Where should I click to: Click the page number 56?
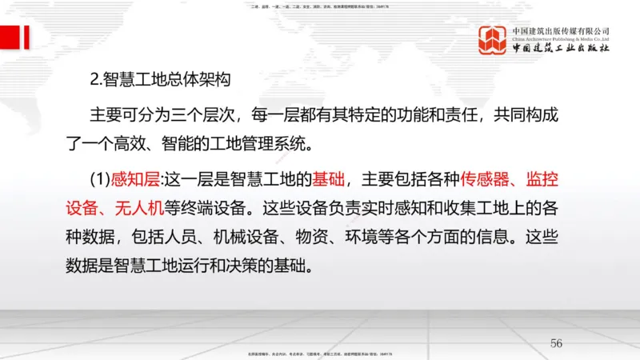pos(557,343)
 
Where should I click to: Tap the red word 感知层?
pos(140,178)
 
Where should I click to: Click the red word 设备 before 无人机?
pos(82,207)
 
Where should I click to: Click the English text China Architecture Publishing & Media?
pos(561,38)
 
